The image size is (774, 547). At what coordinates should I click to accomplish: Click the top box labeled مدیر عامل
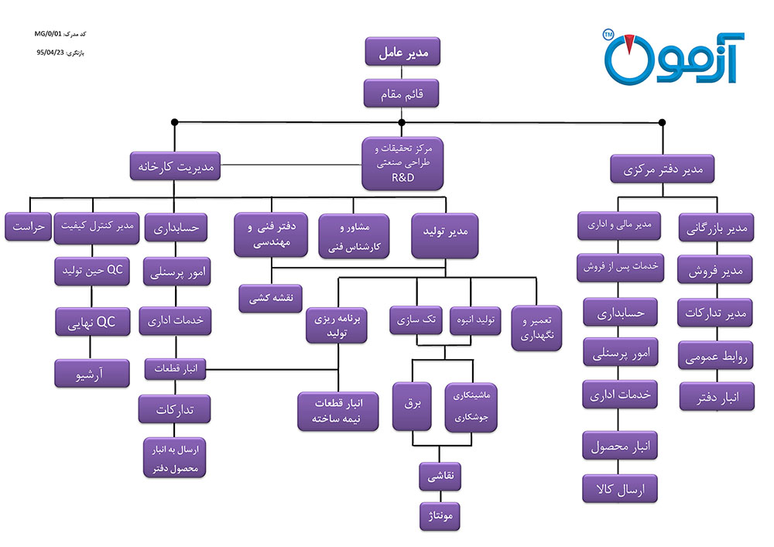click(x=402, y=53)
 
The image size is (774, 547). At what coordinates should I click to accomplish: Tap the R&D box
click(x=402, y=163)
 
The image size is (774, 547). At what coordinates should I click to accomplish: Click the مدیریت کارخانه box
click(x=175, y=166)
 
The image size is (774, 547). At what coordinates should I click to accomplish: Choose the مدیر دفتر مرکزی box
click(x=662, y=169)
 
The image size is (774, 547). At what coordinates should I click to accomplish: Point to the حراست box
click(x=28, y=227)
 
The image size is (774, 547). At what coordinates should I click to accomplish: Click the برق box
click(x=411, y=405)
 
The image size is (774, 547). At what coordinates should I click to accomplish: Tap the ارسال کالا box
click(x=619, y=489)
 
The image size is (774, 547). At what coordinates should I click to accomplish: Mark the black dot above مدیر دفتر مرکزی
click(x=662, y=122)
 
